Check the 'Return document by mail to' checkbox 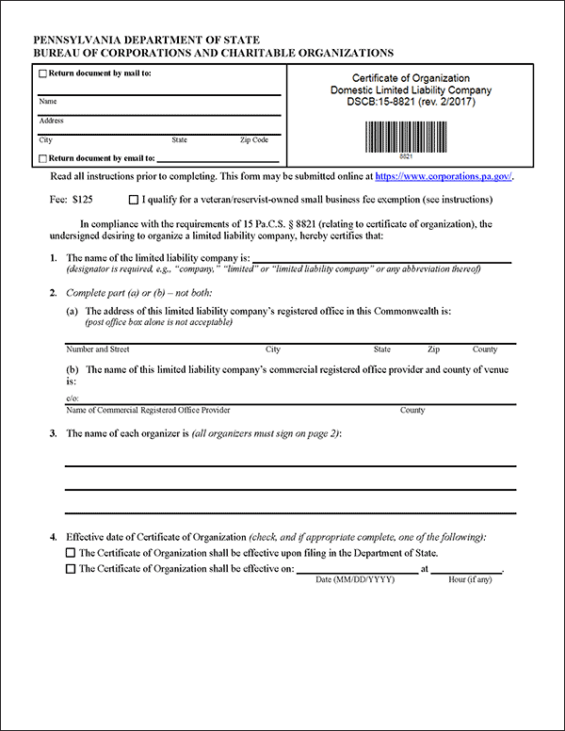tap(42, 73)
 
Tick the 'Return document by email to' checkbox tap(42, 158)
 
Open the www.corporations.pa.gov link tap(443, 176)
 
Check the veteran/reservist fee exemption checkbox tap(133, 200)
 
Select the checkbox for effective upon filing tap(72, 553)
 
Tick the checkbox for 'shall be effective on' tap(72, 569)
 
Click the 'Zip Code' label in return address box tap(253, 140)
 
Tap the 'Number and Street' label tap(98, 349)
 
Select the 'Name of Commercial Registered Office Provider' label tap(148, 411)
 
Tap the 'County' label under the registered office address tap(485, 349)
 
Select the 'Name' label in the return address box tap(48, 101)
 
